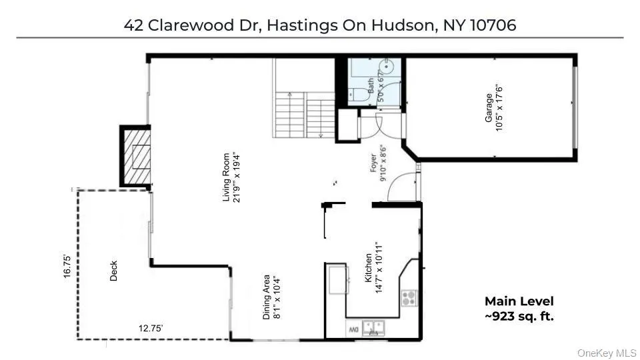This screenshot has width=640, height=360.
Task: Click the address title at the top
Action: [x=320, y=25]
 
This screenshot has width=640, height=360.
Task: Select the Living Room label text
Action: [x=231, y=177]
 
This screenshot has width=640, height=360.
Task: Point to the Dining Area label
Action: [x=271, y=297]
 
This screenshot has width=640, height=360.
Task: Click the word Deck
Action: [x=113, y=270]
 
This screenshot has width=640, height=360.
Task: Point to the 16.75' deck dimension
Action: [x=67, y=267]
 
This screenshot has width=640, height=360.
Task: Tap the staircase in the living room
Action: [x=303, y=107]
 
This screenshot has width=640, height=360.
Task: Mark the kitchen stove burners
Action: [x=409, y=297]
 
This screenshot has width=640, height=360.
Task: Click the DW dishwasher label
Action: [x=353, y=329]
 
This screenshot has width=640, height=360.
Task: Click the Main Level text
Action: [x=519, y=301]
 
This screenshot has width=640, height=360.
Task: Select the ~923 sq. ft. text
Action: [x=519, y=316]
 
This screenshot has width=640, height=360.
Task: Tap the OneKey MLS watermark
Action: [x=607, y=352]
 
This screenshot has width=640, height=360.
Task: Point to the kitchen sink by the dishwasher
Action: [x=376, y=327]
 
